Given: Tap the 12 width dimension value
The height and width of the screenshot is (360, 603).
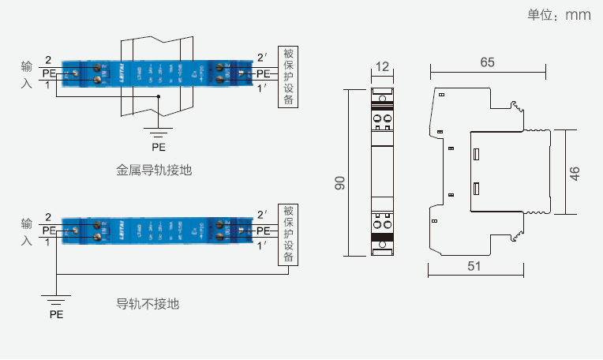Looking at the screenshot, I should point(383,67).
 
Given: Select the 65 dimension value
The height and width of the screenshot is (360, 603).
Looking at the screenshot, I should point(487,62).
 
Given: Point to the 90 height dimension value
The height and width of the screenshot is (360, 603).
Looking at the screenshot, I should point(339,182).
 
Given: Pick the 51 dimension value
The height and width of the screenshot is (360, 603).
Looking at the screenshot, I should point(474,266).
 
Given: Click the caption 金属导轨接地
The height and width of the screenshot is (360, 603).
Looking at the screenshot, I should point(154,169).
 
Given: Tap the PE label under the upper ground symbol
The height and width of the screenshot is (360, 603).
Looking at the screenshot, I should point(159,146).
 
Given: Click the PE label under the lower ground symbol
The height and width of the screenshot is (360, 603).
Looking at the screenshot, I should point(56,313).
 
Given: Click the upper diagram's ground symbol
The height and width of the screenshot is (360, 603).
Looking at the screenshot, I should point(159,129).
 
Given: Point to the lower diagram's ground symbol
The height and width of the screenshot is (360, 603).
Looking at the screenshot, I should point(56,298).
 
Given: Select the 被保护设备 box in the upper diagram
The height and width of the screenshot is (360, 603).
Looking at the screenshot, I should point(288,77).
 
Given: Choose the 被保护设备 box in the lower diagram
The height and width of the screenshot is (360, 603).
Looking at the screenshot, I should point(288,234).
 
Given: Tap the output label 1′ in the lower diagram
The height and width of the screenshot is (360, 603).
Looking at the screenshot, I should point(262,246).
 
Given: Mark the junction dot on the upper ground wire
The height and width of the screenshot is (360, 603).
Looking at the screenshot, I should point(159,96).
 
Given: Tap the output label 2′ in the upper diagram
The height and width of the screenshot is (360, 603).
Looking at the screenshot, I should point(262,58).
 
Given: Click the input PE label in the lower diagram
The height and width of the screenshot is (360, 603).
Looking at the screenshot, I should point(49,231).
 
